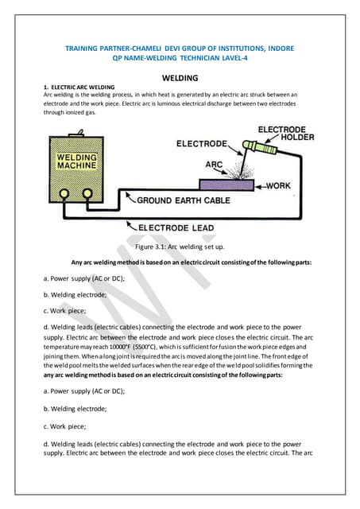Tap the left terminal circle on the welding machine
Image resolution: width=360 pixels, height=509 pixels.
(66, 193)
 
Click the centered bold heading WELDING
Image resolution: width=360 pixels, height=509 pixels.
(180, 79)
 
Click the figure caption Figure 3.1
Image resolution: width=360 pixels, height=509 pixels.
(180, 247)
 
